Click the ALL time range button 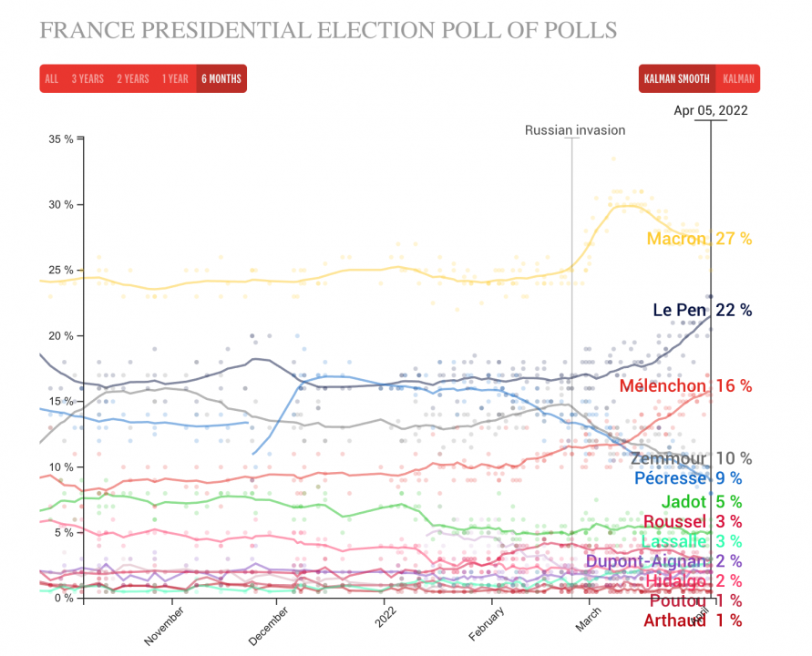coord(52,79)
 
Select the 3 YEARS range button coord(87,79)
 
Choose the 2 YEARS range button coord(132,79)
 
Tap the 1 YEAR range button coord(176,79)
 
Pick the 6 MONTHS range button coord(221,79)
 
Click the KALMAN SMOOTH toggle coord(677,79)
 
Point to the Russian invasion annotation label coord(575,130)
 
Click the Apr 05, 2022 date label coord(710,111)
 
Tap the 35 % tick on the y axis coord(62,139)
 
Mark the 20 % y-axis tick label coord(62,336)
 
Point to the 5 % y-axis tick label coord(65,533)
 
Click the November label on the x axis coord(165,626)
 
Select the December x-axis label coord(270,626)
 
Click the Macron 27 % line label coord(699,239)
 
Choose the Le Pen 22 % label coord(702,311)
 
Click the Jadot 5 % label coord(701,501)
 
